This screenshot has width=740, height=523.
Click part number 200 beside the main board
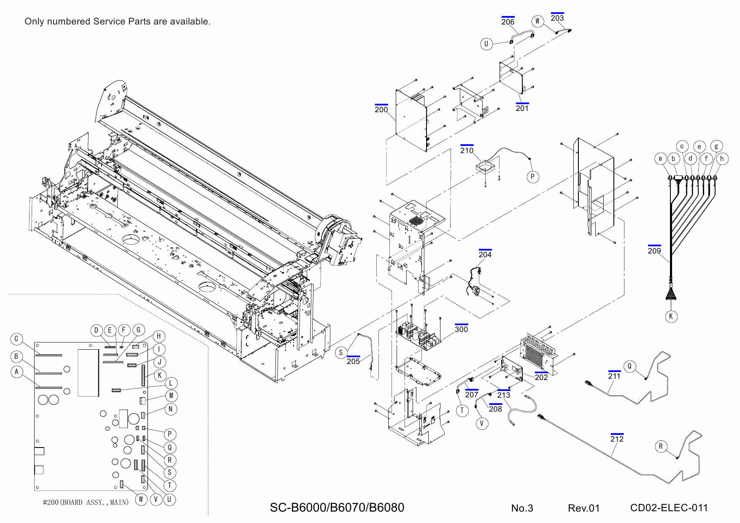point(381,110)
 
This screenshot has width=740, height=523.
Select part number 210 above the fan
point(467,151)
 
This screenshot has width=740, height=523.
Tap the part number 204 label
point(485,255)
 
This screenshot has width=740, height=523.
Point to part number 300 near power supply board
point(461,329)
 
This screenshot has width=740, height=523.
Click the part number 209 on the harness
point(654,251)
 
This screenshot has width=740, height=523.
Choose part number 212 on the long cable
point(616,439)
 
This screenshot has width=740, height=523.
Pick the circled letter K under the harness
point(671,316)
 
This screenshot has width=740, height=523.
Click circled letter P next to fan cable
point(532,177)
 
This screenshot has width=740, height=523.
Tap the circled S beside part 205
point(341,353)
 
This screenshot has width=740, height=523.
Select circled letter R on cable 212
point(661,447)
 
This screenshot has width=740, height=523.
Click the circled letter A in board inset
point(16,372)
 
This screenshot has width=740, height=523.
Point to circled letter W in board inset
point(141,500)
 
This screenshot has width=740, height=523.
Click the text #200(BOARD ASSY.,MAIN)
point(86,502)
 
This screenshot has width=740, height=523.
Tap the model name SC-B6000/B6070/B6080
point(337,507)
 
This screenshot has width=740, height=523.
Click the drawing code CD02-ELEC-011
point(669,508)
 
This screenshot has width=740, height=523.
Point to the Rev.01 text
point(583,508)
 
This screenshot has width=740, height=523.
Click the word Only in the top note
point(34,22)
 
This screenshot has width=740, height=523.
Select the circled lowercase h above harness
point(722,159)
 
